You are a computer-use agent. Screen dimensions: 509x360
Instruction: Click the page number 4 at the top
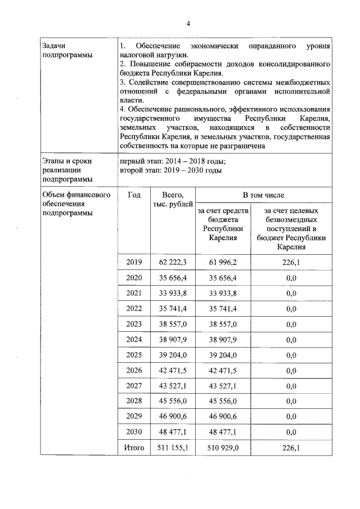point(188,23)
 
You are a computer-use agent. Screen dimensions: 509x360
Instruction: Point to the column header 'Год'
point(134,195)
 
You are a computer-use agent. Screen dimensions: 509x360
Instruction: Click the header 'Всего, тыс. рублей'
point(173,199)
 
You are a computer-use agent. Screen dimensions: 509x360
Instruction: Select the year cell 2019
point(134,262)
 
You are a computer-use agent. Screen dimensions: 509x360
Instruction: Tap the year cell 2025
point(134,355)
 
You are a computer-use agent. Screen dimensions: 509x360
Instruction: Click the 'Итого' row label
point(134,448)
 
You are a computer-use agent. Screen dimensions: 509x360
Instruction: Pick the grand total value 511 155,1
point(173,448)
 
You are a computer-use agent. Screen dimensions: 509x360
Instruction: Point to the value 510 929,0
point(223,448)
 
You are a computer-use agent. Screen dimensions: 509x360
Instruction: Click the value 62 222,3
point(173,262)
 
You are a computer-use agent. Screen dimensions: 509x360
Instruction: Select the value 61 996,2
point(223,262)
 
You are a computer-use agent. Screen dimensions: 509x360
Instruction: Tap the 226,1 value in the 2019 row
point(291,262)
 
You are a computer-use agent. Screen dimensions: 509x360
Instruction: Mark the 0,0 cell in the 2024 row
point(291,340)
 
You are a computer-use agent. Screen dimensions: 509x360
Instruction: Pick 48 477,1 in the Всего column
point(173,432)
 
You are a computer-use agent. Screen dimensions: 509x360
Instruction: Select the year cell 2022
point(134,309)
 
